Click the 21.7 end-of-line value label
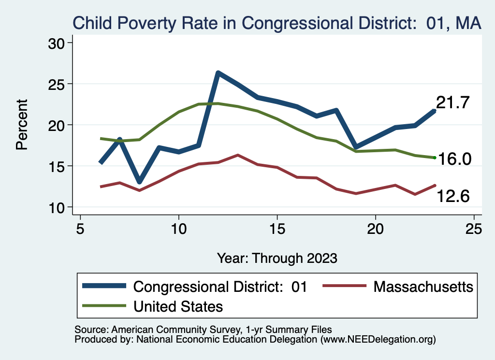(x=453, y=103)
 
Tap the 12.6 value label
(x=454, y=196)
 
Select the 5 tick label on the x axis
(x=80, y=228)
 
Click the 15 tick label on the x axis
(x=277, y=228)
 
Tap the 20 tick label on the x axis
(x=376, y=228)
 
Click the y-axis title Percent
(x=22, y=125)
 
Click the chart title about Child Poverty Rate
(x=277, y=23)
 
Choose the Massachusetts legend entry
(x=423, y=287)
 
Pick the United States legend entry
(x=177, y=306)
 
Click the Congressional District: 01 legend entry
(x=220, y=287)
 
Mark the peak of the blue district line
(x=218, y=73)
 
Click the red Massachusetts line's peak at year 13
(x=238, y=155)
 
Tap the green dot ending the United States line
(x=435, y=158)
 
